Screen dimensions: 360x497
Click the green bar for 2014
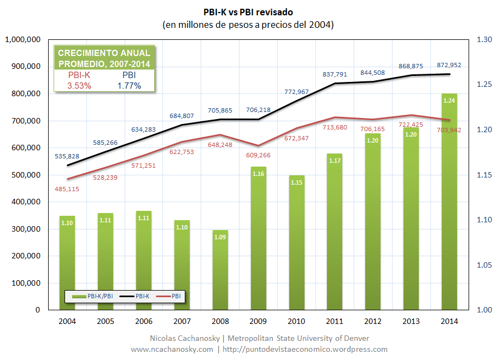(449, 208)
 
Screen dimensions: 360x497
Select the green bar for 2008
(220, 270)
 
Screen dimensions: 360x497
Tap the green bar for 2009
(259, 240)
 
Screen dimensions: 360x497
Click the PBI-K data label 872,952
(449, 65)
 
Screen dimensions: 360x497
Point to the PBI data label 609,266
(259, 155)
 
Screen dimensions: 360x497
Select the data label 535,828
(67, 156)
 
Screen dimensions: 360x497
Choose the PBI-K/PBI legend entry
(91, 296)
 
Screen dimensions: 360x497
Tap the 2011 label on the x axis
(335, 321)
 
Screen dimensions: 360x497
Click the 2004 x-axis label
(67, 321)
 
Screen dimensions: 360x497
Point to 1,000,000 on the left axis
(22, 40)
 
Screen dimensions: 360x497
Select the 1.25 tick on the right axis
(483, 85)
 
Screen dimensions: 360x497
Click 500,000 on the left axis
(25, 175)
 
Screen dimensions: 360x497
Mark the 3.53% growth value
(79, 86)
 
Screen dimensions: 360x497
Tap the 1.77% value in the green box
(129, 86)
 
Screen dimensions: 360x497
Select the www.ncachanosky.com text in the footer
(172, 349)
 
